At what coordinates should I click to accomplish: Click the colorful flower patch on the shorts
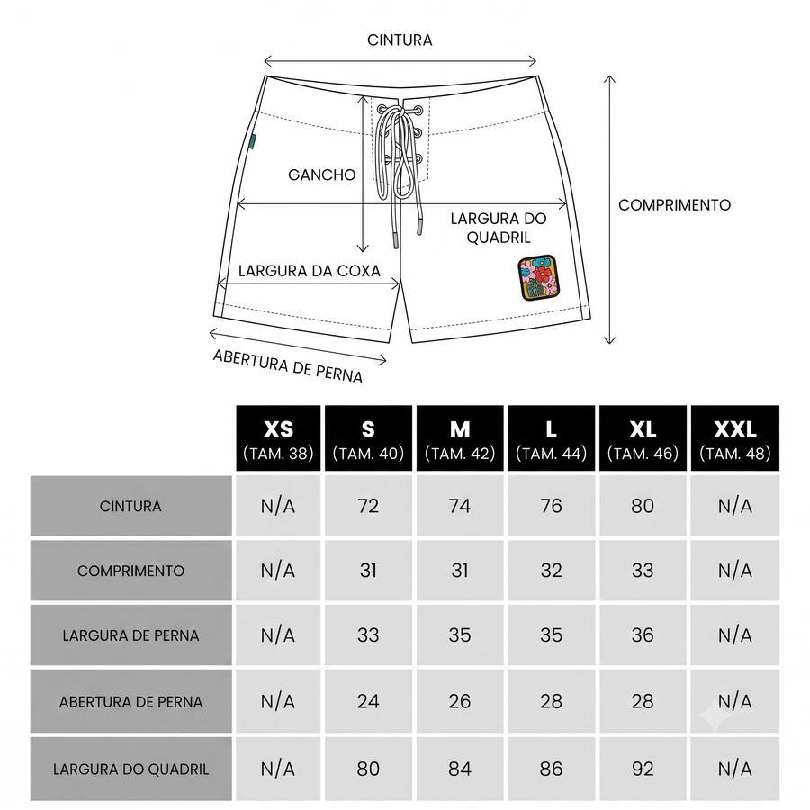click(x=538, y=277)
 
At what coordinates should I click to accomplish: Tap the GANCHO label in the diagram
click(x=322, y=175)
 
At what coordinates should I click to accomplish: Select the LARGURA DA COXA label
click(x=310, y=271)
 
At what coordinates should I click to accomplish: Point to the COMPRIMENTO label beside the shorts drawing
click(x=675, y=205)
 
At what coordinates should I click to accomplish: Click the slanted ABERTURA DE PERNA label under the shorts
click(x=288, y=366)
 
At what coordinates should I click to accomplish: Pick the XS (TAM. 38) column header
click(x=278, y=438)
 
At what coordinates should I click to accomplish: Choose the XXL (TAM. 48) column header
click(x=735, y=438)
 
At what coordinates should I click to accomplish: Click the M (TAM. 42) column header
click(x=460, y=438)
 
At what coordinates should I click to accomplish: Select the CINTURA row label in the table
click(x=130, y=506)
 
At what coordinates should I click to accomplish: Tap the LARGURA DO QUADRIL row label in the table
click(x=130, y=769)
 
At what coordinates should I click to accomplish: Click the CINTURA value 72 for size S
click(x=368, y=506)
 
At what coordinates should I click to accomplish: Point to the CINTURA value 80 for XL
click(x=643, y=506)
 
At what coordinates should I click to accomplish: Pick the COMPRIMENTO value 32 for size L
click(x=551, y=571)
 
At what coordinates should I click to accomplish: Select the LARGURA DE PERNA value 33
click(x=368, y=634)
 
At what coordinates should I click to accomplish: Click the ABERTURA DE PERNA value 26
click(x=460, y=701)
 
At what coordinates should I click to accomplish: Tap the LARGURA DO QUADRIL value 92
click(x=643, y=769)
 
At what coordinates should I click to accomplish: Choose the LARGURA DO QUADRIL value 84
click(x=460, y=769)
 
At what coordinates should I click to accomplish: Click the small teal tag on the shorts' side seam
click(x=252, y=141)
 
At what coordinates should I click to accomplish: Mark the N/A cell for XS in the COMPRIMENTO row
click(x=278, y=571)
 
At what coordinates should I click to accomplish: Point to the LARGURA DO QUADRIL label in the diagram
click(x=499, y=228)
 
